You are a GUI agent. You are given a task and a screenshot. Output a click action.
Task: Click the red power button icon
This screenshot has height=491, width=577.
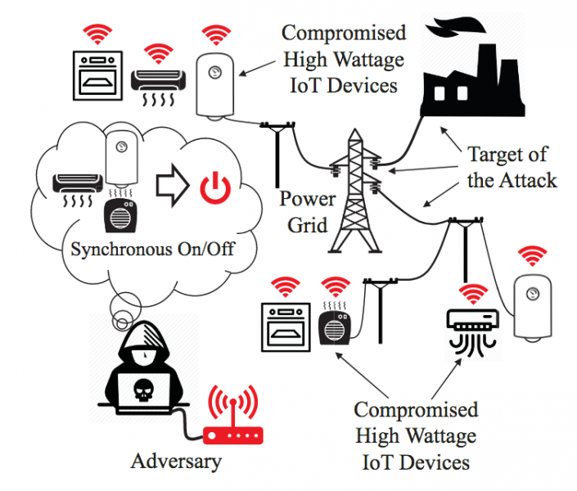(x=215, y=187)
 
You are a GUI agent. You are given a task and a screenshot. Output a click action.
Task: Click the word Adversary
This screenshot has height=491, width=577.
(x=176, y=461)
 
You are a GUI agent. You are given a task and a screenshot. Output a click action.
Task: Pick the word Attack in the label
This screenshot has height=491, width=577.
(x=529, y=180)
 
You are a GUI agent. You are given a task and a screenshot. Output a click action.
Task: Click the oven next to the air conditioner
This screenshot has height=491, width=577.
(x=97, y=72)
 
